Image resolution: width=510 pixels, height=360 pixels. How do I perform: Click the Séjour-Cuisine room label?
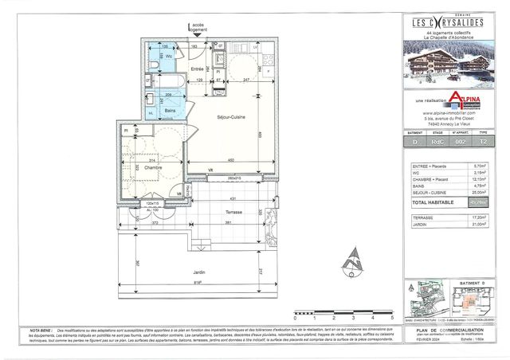click(229, 117)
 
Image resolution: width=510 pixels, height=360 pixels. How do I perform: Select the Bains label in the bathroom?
click(171, 111)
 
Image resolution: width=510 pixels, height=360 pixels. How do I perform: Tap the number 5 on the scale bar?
click(393, 316)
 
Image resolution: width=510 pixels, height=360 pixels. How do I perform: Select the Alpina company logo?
click(466, 99)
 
